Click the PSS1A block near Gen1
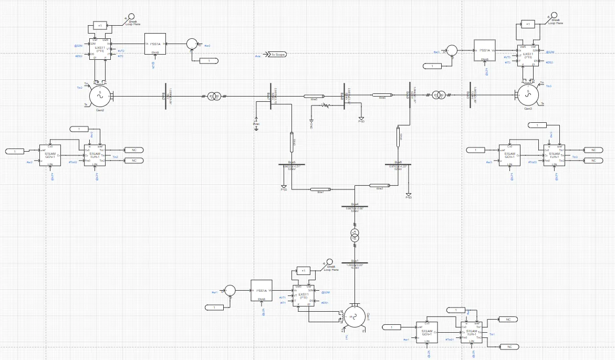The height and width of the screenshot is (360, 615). click(262, 290)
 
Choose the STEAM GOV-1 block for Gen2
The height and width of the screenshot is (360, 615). click(50, 155)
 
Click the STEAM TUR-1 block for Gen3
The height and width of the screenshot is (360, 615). click(554, 156)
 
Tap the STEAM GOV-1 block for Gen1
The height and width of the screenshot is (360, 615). click(427, 332)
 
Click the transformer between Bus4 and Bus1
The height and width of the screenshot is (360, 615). click(355, 236)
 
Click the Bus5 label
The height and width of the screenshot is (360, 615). click(292, 162)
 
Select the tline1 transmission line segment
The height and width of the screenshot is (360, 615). click(319, 189)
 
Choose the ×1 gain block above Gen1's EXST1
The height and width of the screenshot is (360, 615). click(303, 271)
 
